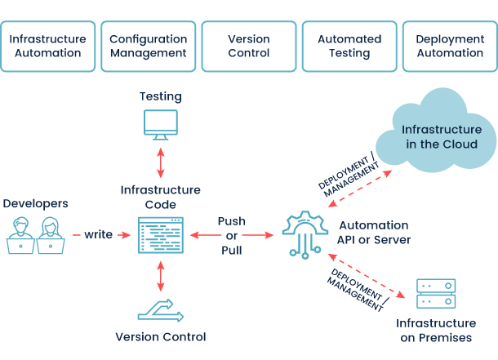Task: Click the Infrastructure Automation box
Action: [x=48, y=46]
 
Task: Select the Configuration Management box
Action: [x=148, y=46]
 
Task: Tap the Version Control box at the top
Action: [x=249, y=46]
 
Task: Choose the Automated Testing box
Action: [x=349, y=46]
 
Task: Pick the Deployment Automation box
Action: [x=450, y=46]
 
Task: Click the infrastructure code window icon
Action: [x=160, y=235]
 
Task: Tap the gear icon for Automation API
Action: [x=305, y=233]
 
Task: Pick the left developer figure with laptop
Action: [x=20, y=234]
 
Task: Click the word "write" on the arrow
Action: [x=98, y=235]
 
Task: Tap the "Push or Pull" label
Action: [x=232, y=235]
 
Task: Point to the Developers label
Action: [x=35, y=202]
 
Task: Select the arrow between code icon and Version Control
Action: [x=160, y=275]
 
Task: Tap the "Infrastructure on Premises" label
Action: [x=436, y=330]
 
